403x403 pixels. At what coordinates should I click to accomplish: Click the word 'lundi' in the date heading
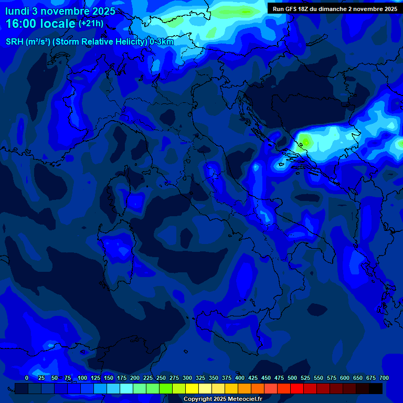[x=17, y=12]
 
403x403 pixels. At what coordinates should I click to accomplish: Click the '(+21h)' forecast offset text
[x=91, y=24]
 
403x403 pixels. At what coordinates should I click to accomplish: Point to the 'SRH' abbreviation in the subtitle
[x=14, y=42]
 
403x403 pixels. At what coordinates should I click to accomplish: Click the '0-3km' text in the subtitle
[x=162, y=42]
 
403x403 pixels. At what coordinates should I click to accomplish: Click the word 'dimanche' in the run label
[x=335, y=9]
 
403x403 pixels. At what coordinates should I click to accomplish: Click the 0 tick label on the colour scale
[x=27, y=378]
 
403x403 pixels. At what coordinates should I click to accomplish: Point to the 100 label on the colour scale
[x=82, y=378]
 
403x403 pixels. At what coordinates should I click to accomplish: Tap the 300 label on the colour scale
[x=187, y=378]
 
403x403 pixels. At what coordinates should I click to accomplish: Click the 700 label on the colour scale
[x=384, y=378]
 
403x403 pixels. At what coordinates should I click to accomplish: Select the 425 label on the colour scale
[x=253, y=378]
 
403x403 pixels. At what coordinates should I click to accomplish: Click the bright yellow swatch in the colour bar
[x=192, y=389]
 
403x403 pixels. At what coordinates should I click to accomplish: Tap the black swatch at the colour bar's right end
[x=376, y=389]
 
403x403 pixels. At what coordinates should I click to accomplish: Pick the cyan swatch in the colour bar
[x=126, y=389]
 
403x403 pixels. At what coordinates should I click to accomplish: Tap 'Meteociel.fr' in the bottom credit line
[x=245, y=399]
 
